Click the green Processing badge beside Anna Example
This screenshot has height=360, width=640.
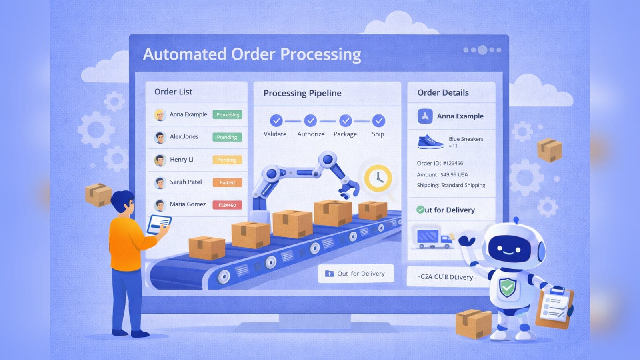pyautogui.click(x=228, y=115)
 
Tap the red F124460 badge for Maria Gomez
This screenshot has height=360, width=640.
pyautogui.click(x=227, y=205)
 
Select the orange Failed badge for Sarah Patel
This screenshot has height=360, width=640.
pyautogui.click(x=227, y=183)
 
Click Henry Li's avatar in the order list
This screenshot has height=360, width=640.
pyautogui.click(x=160, y=160)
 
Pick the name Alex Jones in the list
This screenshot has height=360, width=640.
pyautogui.click(x=184, y=137)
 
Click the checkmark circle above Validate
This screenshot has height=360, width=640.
pyautogui.click(x=276, y=120)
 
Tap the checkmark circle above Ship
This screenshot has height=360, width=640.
pyautogui.click(x=378, y=120)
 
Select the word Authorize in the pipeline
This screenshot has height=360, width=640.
pyautogui.click(x=311, y=134)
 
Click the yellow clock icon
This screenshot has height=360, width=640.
pyautogui.click(x=378, y=178)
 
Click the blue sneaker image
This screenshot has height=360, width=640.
pyautogui.click(x=430, y=142)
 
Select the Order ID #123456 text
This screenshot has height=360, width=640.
pyautogui.click(x=440, y=163)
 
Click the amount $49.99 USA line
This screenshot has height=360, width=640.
pyautogui.click(x=442, y=174)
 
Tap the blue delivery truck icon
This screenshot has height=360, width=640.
pyautogui.click(x=434, y=239)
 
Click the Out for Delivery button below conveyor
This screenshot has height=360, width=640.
pyautogui.click(x=356, y=274)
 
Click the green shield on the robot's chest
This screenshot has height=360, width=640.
pyautogui.click(x=507, y=287)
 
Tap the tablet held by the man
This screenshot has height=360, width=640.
pyautogui.click(x=159, y=224)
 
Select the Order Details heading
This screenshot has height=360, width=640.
pyautogui.click(x=443, y=93)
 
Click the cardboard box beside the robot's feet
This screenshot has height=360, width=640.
pyautogui.click(x=474, y=323)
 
